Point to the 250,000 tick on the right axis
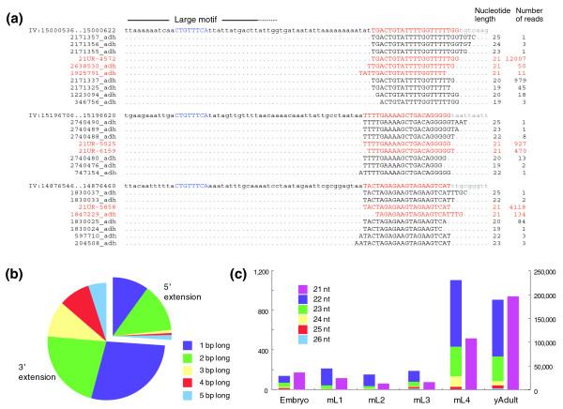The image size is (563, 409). pos(541,272)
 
